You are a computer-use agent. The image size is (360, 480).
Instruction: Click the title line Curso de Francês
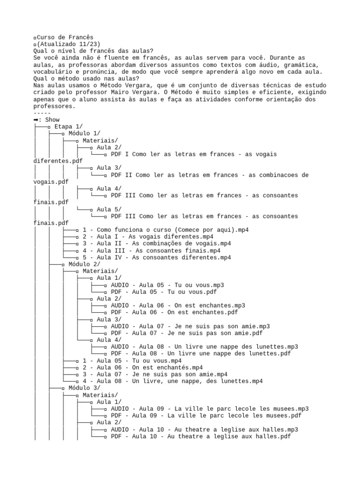[x=65, y=37]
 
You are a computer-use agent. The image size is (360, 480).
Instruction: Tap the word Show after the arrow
[x=52, y=120]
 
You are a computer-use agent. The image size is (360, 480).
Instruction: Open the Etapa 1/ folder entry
[x=68, y=127]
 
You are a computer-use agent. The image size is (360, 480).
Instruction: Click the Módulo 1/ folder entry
[x=84, y=134]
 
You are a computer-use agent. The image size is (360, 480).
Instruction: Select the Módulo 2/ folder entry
[x=84, y=264]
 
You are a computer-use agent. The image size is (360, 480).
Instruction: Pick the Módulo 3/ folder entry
[x=84, y=388]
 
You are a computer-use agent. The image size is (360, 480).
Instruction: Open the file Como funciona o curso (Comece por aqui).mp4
[x=165, y=230]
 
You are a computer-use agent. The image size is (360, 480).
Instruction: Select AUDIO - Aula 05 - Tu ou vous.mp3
[x=167, y=285]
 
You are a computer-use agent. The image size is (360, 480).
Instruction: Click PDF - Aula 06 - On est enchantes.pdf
[x=174, y=312]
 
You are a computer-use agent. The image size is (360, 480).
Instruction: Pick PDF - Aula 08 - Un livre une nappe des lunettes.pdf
[x=201, y=353]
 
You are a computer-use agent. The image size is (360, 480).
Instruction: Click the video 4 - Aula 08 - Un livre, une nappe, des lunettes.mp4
[x=172, y=381]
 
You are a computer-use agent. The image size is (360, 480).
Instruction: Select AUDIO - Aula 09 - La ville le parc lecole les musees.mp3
[x=210, y=409]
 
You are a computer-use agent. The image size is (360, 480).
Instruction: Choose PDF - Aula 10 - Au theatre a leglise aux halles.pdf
[x=201, y=436]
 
